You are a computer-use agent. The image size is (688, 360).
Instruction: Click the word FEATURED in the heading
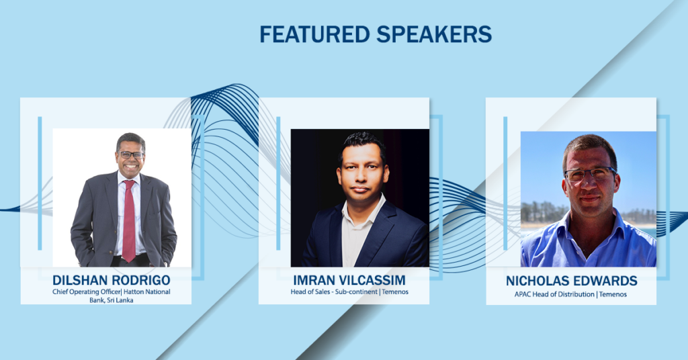[x=314, y=34]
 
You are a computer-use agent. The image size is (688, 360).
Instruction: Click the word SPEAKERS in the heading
[x=435, y=34]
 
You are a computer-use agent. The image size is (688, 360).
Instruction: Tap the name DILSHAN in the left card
[x=81, y=280]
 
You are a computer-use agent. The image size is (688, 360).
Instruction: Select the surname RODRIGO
[x=141, y=280]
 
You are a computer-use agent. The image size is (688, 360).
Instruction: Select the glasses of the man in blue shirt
[x=589, y=174]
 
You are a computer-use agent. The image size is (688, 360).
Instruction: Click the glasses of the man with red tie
[x=131, y=154]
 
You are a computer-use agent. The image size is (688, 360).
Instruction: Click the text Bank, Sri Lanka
[x=112, y=300]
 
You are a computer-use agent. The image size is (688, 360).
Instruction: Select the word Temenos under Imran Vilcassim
[x=395, y=291]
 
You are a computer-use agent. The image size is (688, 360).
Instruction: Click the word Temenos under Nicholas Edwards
[x=613, y=294]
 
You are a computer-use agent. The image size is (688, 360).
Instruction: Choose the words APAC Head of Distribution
[x=554, y=294]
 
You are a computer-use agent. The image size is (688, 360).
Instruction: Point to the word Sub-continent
[x=356, y=291]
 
